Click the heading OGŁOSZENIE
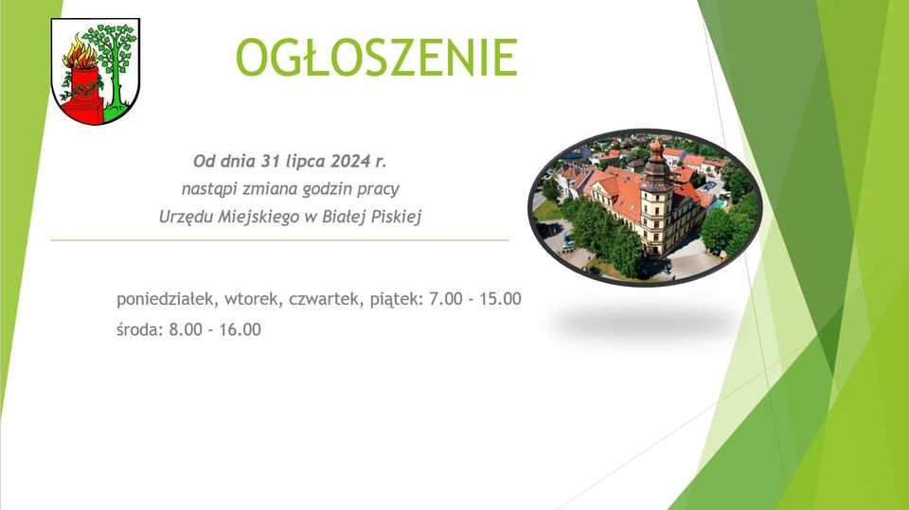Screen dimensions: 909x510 tap(376, 58)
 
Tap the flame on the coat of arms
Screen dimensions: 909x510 tap(80, 52)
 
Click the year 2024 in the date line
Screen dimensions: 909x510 tap(350, 161)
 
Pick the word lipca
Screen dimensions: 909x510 tap(306, 162)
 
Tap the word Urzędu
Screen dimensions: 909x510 tap(187, 218)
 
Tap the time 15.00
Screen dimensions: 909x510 tap(500, 299)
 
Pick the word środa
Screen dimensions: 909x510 tap(139, 329)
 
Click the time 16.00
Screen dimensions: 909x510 tap(240, 330)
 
